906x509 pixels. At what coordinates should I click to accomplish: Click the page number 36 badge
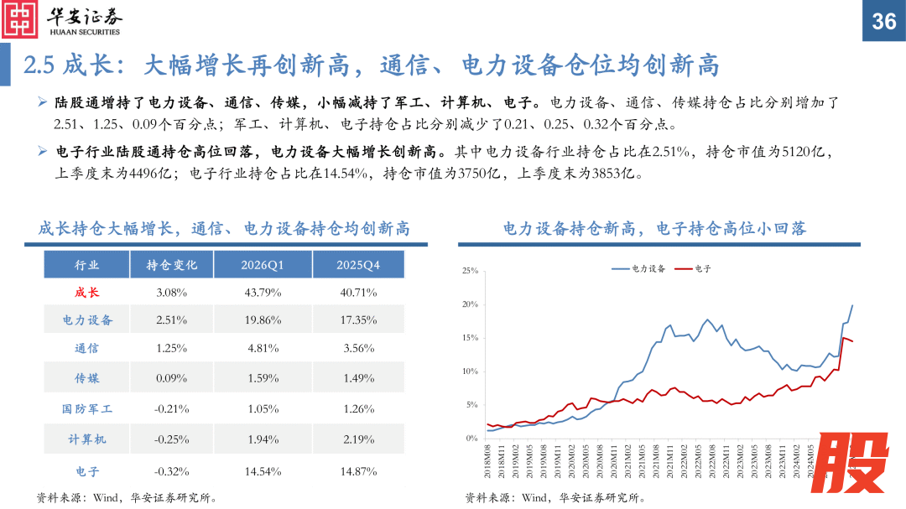[x=884, y=21]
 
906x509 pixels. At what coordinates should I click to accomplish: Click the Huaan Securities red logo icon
[x=20, y=20]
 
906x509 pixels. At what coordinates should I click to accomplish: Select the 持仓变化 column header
[x=172, y=265]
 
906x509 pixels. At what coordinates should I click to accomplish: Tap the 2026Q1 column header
[x=263, y=265]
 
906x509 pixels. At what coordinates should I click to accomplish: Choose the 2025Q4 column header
[x=358, y=265]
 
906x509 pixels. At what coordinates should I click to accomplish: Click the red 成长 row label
[x=87, y=293]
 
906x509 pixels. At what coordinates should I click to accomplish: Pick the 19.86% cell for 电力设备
[x=263, y=320]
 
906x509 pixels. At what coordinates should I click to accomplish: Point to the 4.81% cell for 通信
[x=263, y=349]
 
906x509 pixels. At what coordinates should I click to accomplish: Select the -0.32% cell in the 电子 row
[x=172, y=471]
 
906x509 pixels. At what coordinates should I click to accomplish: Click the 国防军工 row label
[x=87, y=409]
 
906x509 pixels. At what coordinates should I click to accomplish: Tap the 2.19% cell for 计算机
[x=358, y=439]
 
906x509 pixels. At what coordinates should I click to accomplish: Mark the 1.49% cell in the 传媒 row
[x=358, y=378]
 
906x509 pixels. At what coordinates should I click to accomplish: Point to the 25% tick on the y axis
[x=470, y=272]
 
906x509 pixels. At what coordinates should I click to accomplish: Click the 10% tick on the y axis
[x=470, y=371]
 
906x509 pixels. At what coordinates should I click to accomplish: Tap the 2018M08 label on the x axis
[x=487, y=460]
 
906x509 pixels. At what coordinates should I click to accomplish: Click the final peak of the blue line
[x=852, y=305]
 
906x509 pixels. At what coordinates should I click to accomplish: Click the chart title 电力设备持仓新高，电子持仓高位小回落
[x=654, y=228]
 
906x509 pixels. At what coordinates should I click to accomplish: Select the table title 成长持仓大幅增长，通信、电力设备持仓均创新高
[x=224, y=228]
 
